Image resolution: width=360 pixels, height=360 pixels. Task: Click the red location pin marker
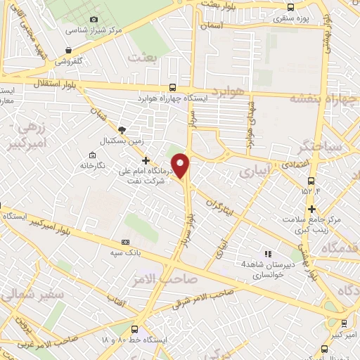tap(181, 165)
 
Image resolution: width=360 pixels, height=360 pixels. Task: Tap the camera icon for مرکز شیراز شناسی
tap(94, 19)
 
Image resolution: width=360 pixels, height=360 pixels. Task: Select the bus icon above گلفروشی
tap(68, 51)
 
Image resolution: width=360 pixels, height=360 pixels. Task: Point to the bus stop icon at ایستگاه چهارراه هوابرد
tap(173, 88)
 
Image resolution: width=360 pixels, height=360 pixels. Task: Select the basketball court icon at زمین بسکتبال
tap(122, 129)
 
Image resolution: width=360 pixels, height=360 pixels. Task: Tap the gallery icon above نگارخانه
tap(92, 155)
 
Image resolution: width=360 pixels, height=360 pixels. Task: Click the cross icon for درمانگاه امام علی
tap(146, 160)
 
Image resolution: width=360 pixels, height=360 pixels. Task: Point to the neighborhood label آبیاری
tap(254, 170)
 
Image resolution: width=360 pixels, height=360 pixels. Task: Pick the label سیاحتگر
tap(320, 148)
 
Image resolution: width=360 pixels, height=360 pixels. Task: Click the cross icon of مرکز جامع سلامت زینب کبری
tap(311, 209)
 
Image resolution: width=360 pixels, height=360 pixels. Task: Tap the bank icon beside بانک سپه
tap(125, 243)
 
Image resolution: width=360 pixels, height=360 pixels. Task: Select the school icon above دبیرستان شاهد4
tap(267, 253)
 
